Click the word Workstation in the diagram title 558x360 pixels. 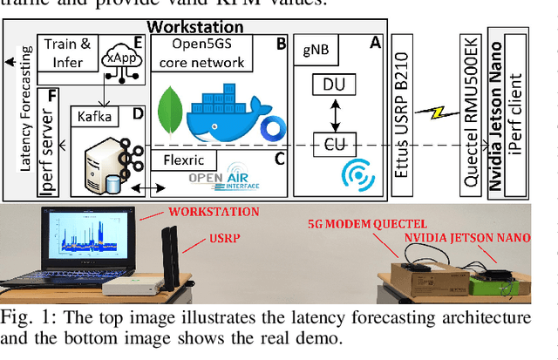pos(208,27)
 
